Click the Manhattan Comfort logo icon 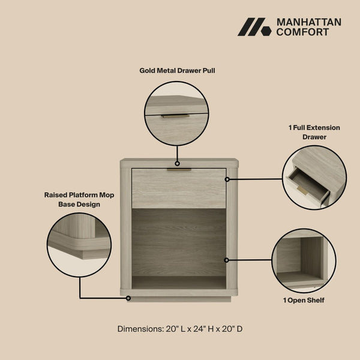click(254, 28)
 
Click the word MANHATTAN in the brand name click(308, 22)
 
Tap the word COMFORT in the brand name click(302, 32)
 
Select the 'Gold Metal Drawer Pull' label click(177, 70)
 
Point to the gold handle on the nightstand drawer click(179, 170)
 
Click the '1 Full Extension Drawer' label click(314, 132)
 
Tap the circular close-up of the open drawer click(314, 178)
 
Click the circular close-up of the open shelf click(304, 260)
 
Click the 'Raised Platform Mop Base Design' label click(79, 199)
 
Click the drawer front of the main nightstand click(179, 188)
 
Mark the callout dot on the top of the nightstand click(178, 163)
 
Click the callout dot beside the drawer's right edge click(227, 179)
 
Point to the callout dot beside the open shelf click(227, 260)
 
